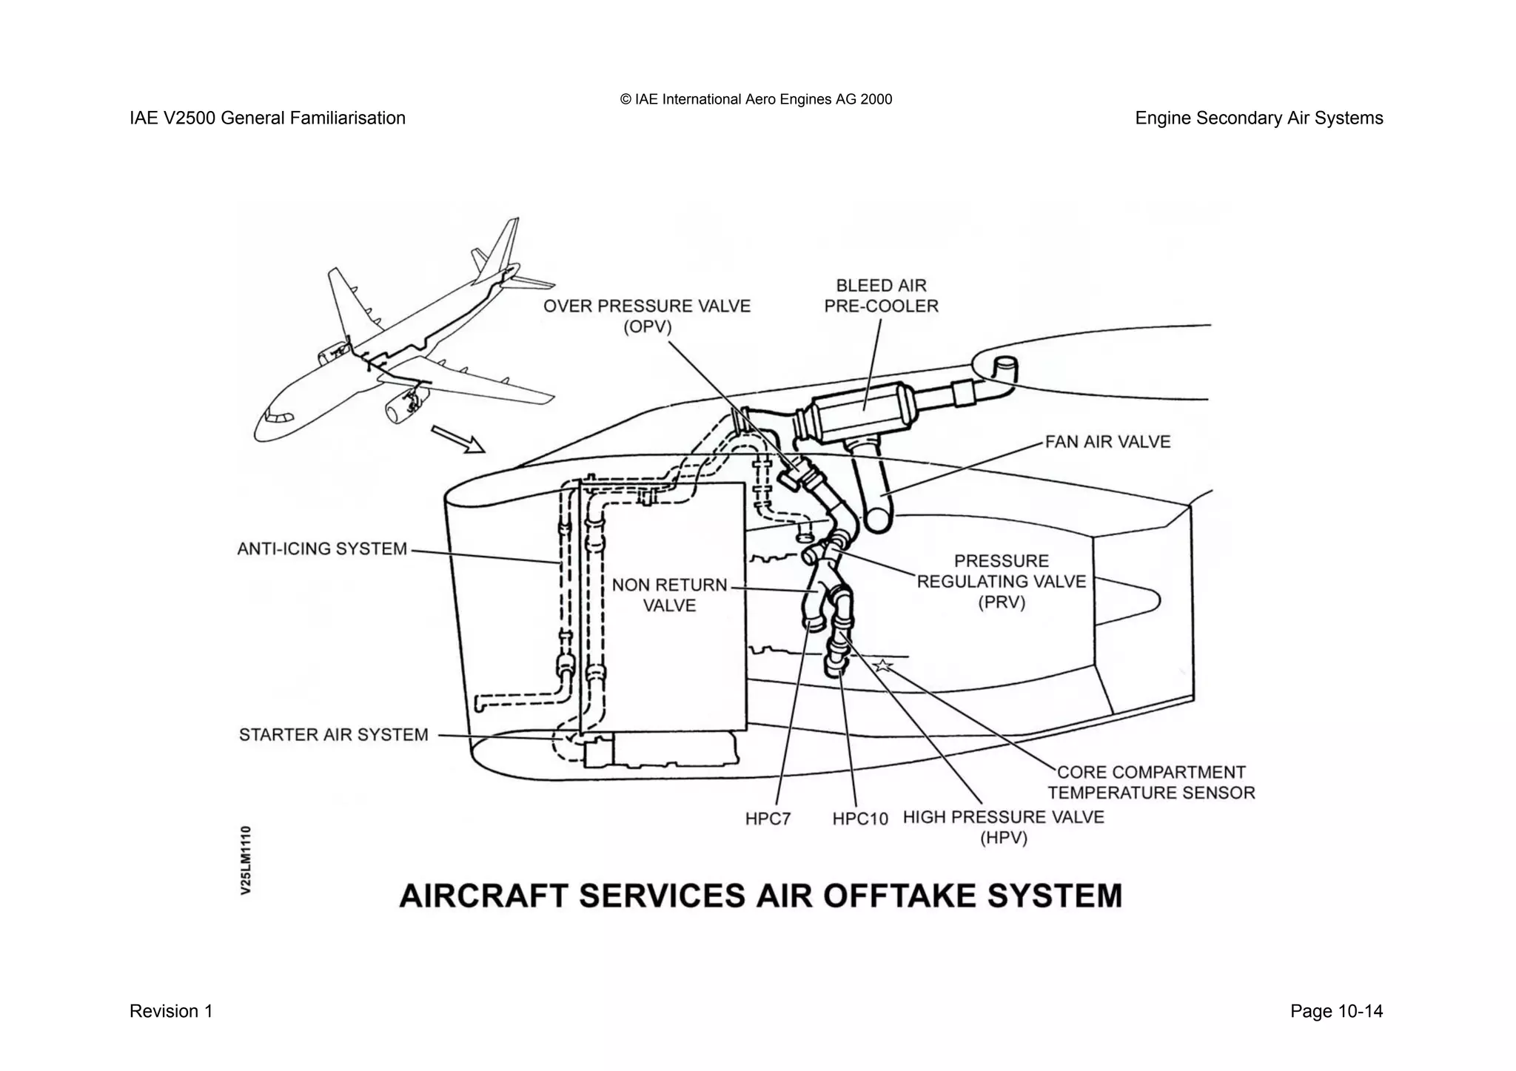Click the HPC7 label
768,819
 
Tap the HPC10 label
859,819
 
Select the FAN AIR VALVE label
1107,443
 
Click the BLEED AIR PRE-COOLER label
881,296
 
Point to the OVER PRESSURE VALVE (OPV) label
647,316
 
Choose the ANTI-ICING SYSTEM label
322,549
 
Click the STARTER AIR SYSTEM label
333,735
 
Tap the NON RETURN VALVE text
669,595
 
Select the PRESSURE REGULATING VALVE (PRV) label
1001,582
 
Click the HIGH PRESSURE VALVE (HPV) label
1003,827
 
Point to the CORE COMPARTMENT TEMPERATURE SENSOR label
1151,782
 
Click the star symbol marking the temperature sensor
882,665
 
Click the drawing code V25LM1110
246,860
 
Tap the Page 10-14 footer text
1336,1012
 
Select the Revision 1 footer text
171,1012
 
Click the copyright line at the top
756,99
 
